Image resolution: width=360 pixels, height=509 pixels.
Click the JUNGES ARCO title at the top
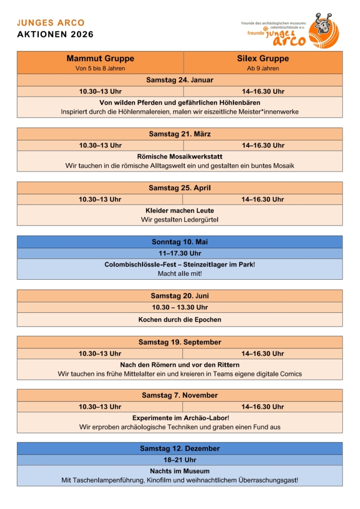(x=51, y=23)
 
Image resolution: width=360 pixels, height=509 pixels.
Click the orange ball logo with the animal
(x=323, y=31)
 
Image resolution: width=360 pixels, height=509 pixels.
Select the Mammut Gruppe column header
(x=100, y=59)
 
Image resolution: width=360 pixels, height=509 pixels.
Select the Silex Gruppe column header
(x=263, y=59)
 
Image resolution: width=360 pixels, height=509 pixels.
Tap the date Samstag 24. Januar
(x=180, y=80)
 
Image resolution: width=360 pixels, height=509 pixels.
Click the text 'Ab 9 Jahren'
(x=263, y=69)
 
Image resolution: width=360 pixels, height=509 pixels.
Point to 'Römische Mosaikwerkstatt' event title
(x=180, y=157)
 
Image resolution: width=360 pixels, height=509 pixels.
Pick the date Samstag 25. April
(x=180, y=188)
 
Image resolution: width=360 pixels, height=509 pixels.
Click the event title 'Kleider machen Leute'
(x=180, y=211)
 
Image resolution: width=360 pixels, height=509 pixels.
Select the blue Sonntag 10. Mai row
(x=180, y=242)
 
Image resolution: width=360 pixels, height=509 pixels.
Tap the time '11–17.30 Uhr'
(x=180, y=253)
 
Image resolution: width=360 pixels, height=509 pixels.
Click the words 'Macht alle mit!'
(x=180, y=273)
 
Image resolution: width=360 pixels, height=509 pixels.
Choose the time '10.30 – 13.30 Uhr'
(x=180, y=307)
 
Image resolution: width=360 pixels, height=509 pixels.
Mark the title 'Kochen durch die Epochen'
(x=180, y=320)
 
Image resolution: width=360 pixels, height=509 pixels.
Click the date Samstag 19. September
(x=180, y=342)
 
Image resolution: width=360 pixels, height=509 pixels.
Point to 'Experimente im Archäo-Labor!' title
(x=180, y=418)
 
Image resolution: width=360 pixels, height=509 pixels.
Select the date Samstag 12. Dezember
(x=180, y=448)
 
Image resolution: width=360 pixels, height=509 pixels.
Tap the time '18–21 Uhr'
(x=180, y=460)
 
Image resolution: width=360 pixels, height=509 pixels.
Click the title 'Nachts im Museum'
(x=180, y=471)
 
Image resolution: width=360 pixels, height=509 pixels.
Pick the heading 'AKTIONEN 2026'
(x=55, y=35)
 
